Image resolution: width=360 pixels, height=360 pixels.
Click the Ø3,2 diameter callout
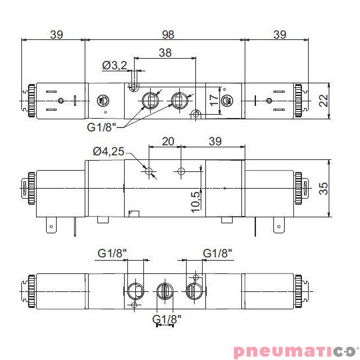coord(114,65)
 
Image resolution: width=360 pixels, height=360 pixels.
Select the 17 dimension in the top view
coord(213,101)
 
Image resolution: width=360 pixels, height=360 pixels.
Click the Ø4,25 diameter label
coord(108,151)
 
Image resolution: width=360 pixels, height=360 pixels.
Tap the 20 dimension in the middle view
coord(167,141)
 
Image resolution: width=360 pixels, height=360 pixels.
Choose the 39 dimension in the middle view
coord(215,141)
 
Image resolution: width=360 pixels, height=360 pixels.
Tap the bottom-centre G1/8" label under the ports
coord(167,319)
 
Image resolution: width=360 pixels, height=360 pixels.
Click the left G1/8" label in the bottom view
coord(112,253)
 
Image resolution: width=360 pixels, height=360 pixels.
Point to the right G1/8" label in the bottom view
coord(218,253)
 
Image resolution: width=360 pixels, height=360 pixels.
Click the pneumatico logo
coord(295,351)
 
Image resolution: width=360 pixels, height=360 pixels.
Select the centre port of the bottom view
coord(164,291)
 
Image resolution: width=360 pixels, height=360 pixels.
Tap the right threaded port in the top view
coord(179,101)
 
